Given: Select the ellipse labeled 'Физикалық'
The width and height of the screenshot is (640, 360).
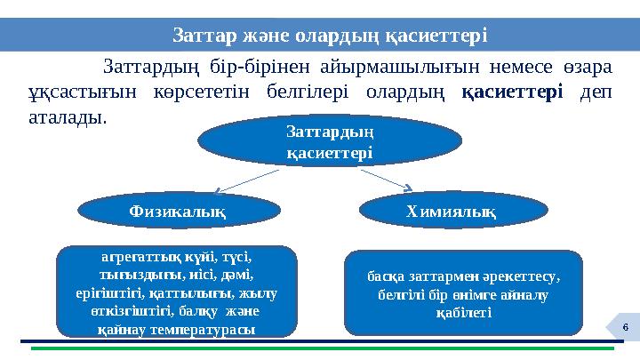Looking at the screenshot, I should click(173, 211).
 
